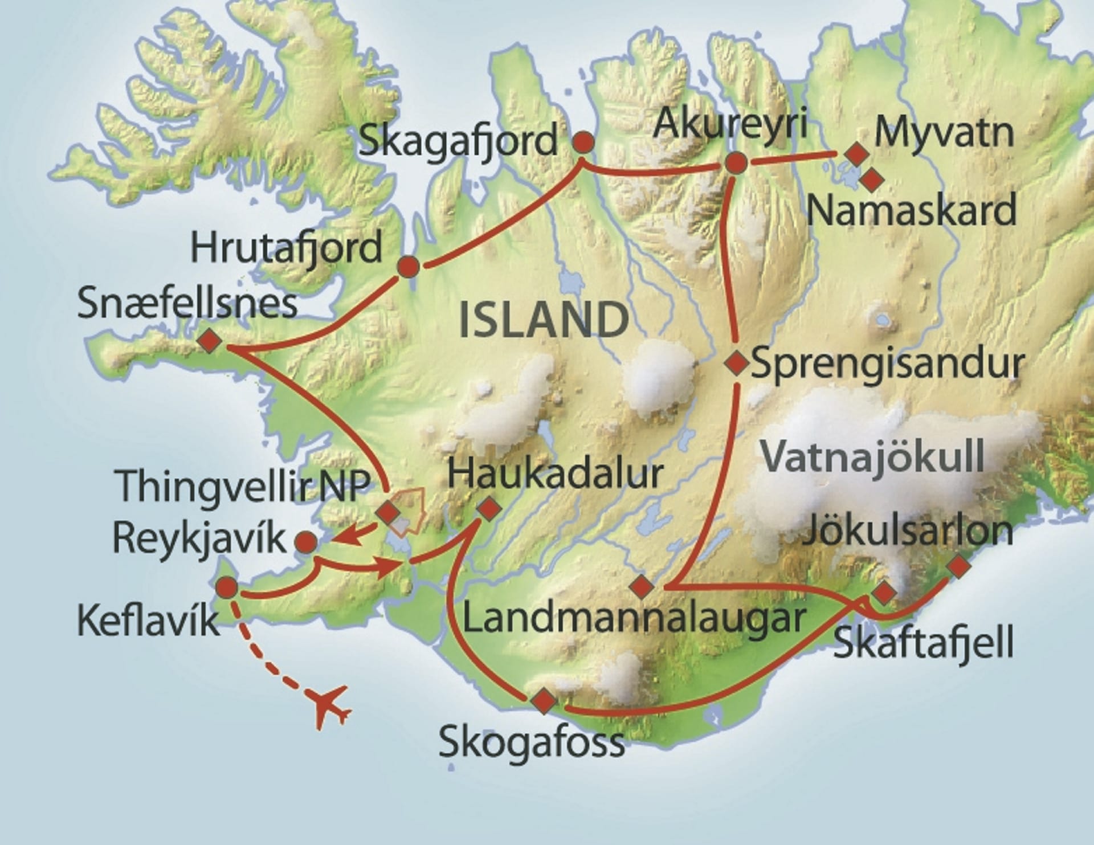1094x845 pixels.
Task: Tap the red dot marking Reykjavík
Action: [307, 542]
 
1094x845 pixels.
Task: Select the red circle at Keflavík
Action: [227, 587]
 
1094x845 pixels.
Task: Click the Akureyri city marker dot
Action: [736, 163]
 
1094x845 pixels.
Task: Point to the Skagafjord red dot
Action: [583, 142]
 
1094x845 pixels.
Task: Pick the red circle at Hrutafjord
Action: [409, 267]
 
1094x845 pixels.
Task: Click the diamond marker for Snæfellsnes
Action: [210, 341]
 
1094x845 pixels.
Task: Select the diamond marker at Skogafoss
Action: [543, 700]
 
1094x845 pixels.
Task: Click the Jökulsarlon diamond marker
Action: [958, 565]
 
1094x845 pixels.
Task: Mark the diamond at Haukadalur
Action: [489, 508]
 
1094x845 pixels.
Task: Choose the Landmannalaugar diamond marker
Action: [642, 586]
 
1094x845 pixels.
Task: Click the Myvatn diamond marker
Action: [857, 154]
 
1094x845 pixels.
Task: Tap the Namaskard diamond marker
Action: [871, 180]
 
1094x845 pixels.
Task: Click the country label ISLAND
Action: [544, 320]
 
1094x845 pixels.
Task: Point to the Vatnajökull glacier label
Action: [872, 456]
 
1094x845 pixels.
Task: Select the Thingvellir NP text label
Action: [244, 485]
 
